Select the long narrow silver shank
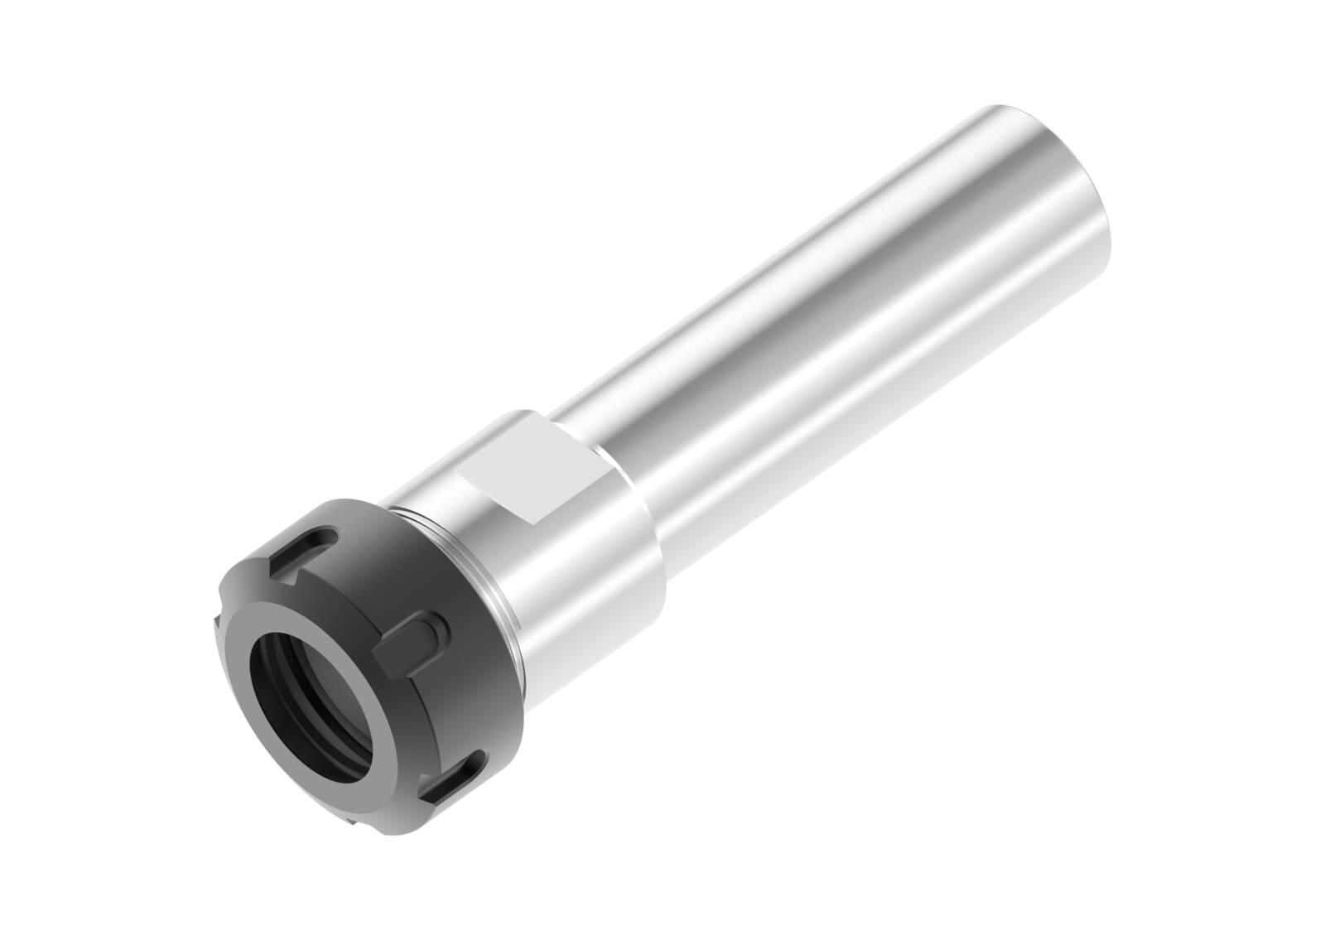tap(828, 331)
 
